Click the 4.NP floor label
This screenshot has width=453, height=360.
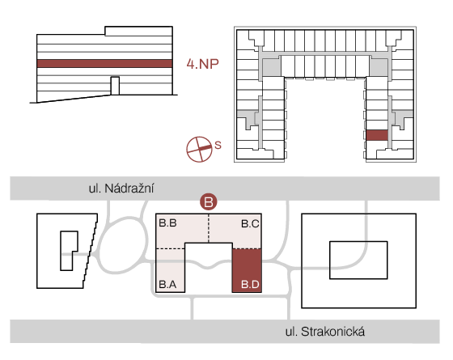202,64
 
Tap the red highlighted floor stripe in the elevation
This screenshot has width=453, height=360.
104,64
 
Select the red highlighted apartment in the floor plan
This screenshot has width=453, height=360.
377,135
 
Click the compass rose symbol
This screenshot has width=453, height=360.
199,149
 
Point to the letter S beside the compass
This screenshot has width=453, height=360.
218,145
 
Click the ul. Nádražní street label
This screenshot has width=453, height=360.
121,188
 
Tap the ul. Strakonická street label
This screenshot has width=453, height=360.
325,332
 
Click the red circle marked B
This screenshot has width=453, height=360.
209,201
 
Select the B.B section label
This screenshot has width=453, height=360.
167,223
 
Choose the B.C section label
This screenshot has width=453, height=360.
250,223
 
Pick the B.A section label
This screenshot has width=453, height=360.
167,284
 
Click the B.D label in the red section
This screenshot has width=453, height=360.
250,284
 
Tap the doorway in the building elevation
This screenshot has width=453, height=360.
115,86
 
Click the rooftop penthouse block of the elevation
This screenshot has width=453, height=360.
138,31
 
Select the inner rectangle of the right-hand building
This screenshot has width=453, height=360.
358,260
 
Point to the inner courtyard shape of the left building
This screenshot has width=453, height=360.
66,251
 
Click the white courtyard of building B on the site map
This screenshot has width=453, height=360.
209,267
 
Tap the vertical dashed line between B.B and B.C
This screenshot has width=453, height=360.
209,228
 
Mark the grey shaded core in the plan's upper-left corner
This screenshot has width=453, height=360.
271,68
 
